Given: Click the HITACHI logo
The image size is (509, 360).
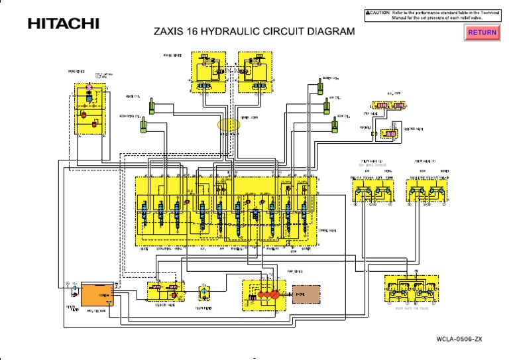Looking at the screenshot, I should pyautogui.click(x=63, y=24).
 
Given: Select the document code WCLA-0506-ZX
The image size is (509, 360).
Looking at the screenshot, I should pyautogui.click(x=459, y=339).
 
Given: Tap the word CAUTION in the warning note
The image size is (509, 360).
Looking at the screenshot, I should pyautogui.click(x=383, y=12).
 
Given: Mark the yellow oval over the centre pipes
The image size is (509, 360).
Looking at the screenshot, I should pyautogui.click(x=229, y=124).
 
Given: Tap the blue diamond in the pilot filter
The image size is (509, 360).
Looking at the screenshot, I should pyautogui.click(x=205, y=292).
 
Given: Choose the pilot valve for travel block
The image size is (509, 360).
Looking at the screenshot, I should pyautogui.click(x=411, y=291).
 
